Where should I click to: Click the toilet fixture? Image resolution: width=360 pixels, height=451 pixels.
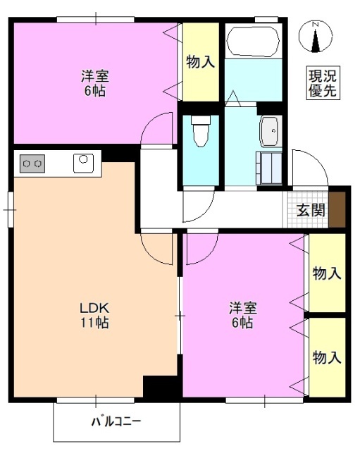[x=200, y=130]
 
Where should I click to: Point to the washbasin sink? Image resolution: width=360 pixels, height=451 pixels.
[x=270, y=131]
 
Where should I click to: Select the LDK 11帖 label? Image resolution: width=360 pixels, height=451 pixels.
[x=93, y=315]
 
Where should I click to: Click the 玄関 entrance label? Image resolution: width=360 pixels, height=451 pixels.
[x=310, y=210]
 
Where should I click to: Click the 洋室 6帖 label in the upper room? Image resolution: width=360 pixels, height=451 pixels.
[x=94, y=84]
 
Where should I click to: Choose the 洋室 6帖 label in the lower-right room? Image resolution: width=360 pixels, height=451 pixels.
[x=242, y=315]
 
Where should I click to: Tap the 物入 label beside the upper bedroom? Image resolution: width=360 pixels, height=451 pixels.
[x=200, y=63]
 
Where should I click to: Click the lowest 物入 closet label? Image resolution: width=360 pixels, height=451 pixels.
[x=327, y=357]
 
